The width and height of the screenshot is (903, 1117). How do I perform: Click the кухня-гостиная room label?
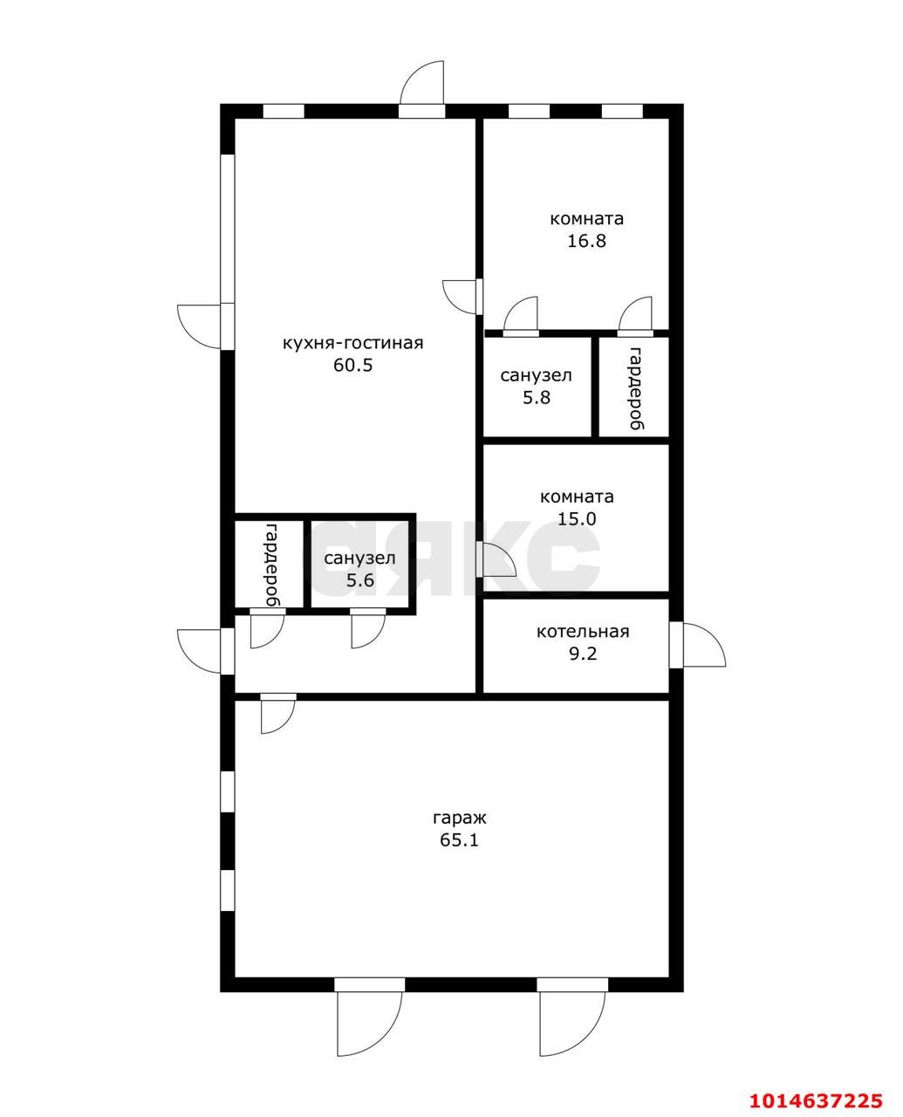coord(352,344)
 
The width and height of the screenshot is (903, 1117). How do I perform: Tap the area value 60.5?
coord(353,365)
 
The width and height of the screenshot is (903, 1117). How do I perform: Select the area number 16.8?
coord(586,241)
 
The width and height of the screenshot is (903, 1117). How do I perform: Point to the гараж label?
coord(460,818)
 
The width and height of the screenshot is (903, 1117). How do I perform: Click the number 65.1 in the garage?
coord(460,840)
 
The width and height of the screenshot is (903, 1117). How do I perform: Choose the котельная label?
coord(583,632)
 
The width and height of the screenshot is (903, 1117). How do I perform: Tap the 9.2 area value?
coord(583,654)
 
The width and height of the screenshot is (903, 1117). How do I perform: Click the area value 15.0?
coord(577,519)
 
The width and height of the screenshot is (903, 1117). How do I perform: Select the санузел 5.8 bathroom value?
coord(537,398)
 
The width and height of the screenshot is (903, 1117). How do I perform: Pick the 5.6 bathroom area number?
coord(359,580)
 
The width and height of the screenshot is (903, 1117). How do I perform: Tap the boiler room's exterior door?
coord(698,645)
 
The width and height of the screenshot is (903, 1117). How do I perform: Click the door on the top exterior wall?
coord(421,89)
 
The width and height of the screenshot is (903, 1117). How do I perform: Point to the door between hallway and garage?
coord(278,714)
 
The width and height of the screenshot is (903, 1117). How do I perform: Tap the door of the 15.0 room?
coord(496,559)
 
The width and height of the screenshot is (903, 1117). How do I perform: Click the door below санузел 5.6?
coord(368,628)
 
